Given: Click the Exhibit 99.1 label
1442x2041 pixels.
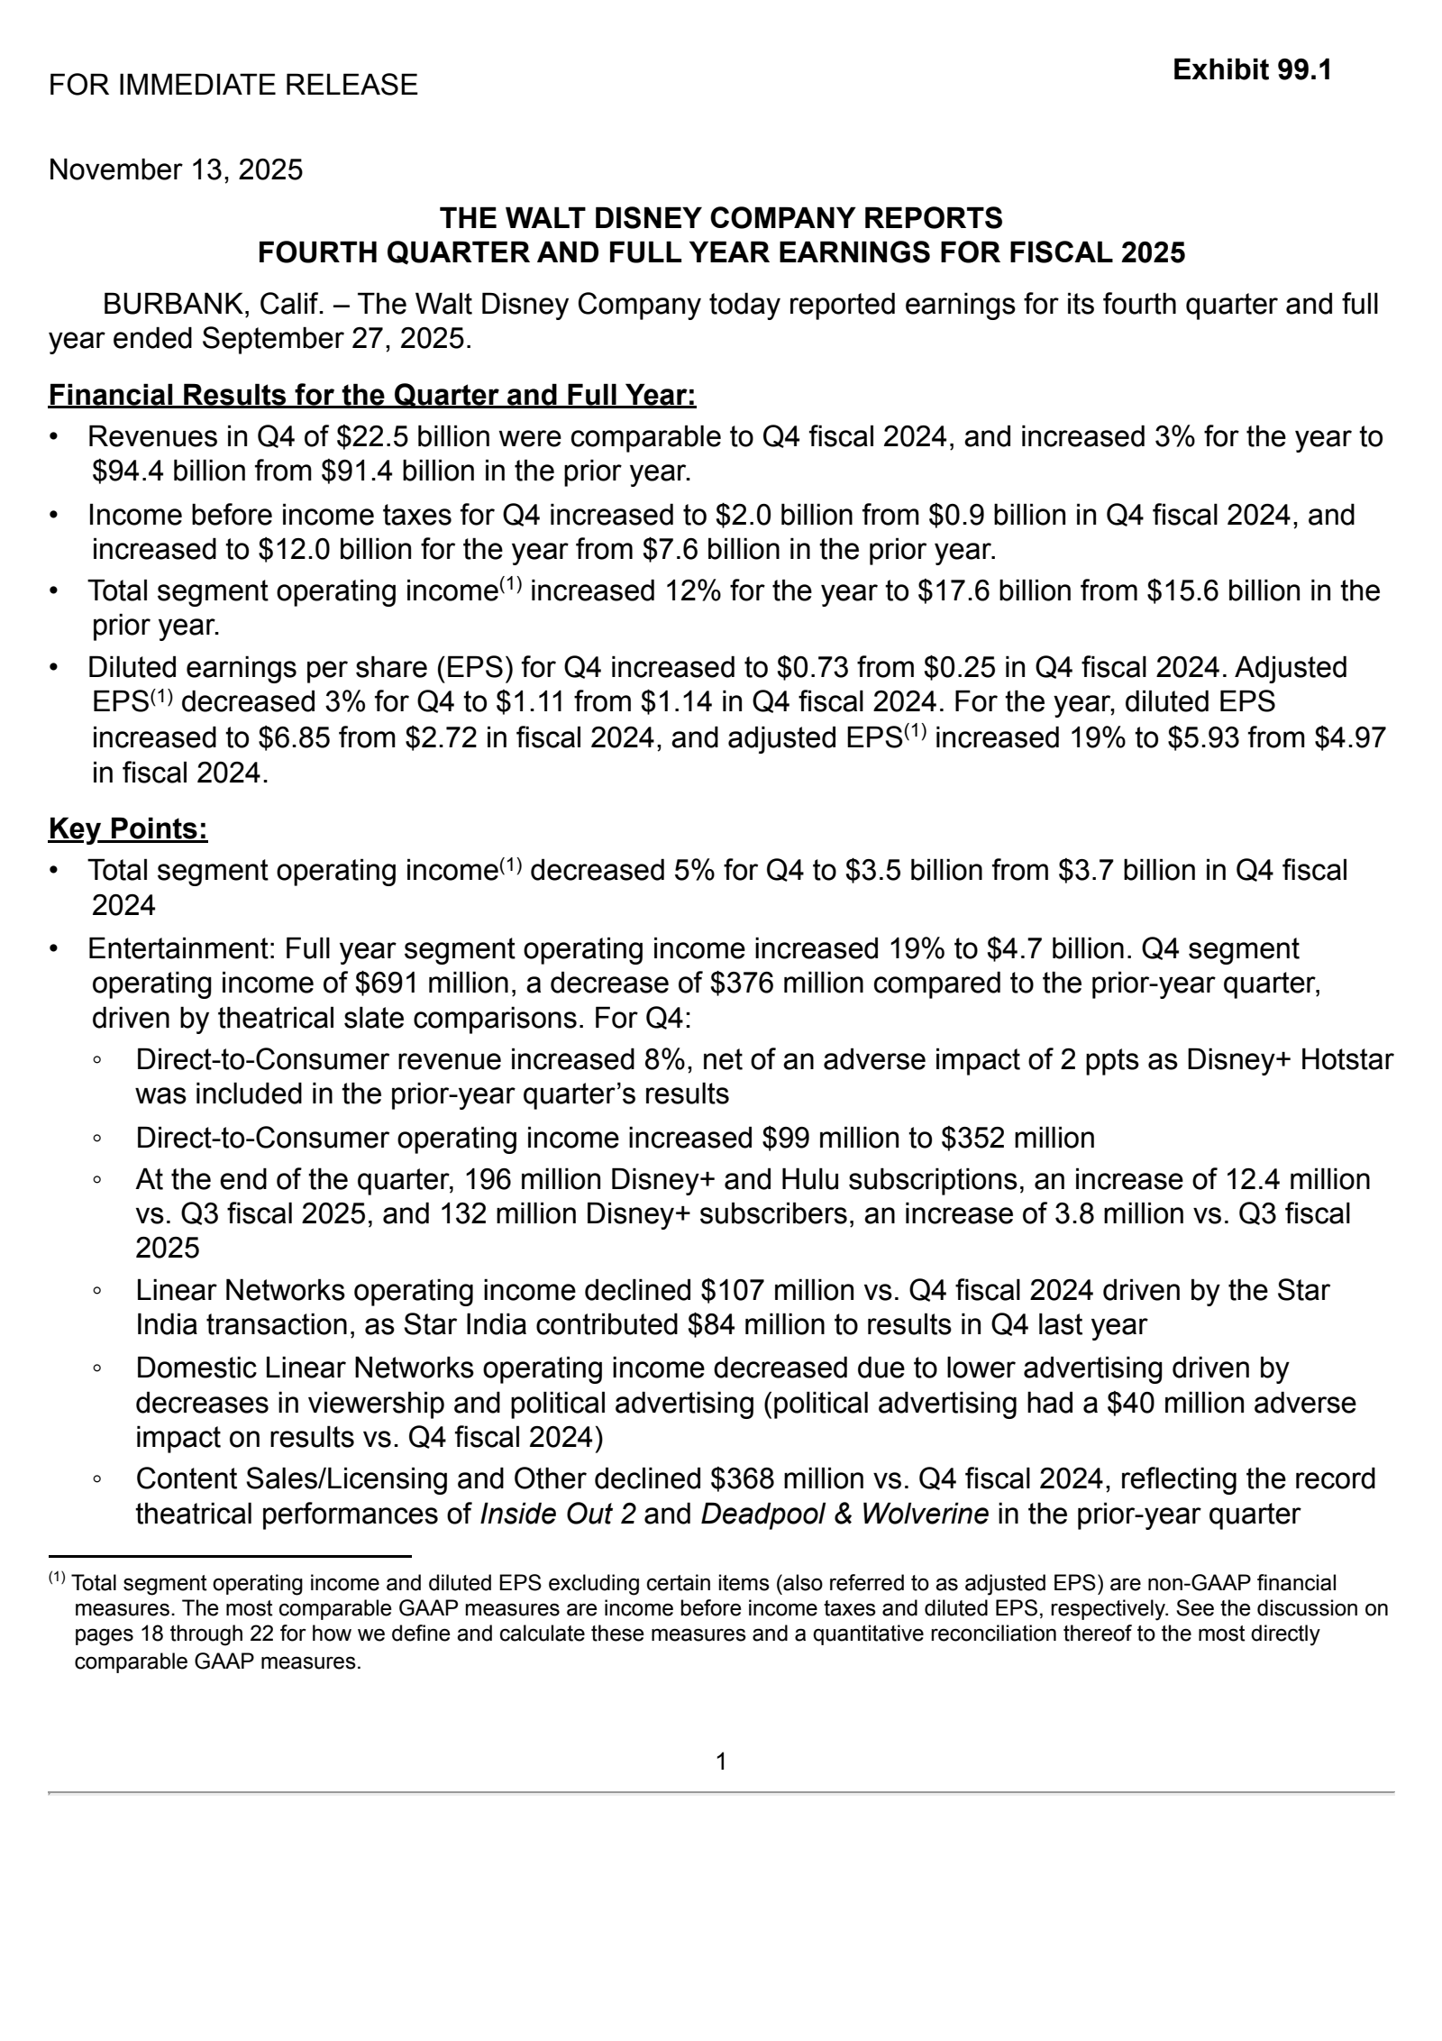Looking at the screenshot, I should pyautogui.click(x=1252, y=69).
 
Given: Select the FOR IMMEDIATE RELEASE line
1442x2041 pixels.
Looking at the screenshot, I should pyautogui.click(x=233, y=85).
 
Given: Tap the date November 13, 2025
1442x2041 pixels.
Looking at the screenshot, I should pyautogui.click(x=176, y=169).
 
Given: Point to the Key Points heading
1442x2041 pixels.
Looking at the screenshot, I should pyautogui.click(x=128, y=828).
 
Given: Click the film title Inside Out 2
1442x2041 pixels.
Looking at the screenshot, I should pyautogui.click(x=558, y=1514).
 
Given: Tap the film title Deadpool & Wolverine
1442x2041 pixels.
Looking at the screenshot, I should pyautogui.click(x=844, y=1514).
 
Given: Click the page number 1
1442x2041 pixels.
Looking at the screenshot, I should pyautogui.click(x=721, y=1761).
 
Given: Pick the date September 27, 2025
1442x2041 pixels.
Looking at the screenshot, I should pyautogui.click(x=334, y=339).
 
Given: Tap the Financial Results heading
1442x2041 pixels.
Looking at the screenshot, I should pyautogui.click(x=371, y=395).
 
